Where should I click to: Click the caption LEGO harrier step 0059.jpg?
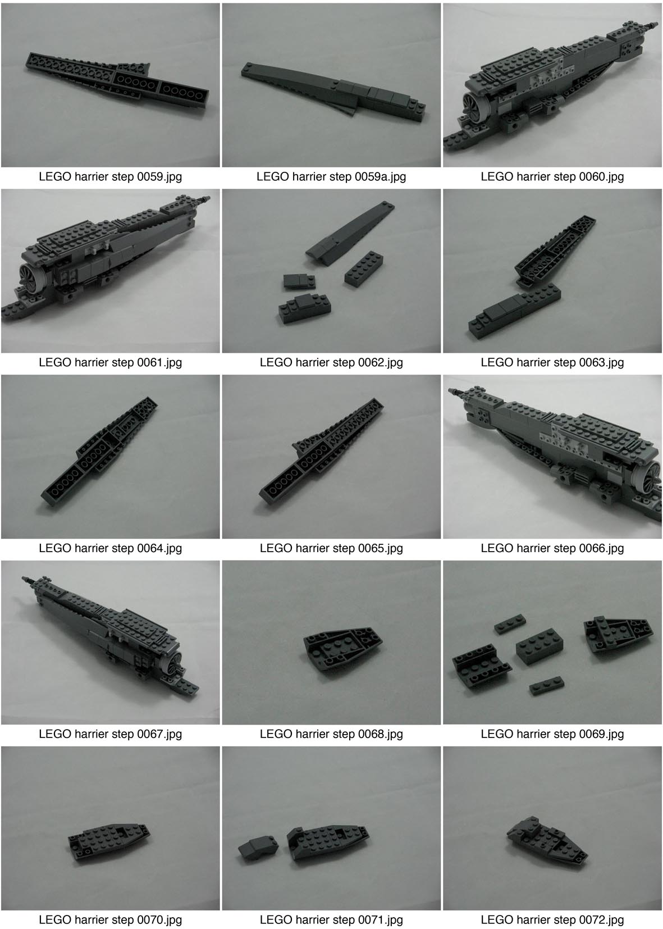pyautogui.click(x=110, y=177)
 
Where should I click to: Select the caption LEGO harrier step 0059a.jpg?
pyautogui.click(x=331, y=177)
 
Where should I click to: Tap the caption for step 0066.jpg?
pyautogui.click(x=552, y=548)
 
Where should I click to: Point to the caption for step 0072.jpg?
pyautogui.click(x=552, y=920)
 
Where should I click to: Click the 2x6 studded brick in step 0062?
pyautogui.click(x=364, y=268)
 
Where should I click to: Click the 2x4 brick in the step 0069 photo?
pyautogui.click(x=539, y=646)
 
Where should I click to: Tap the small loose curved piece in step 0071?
pyautogui.click(x=258, y=846)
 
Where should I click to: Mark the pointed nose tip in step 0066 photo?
pyautogui.click(x=453, y=391)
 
